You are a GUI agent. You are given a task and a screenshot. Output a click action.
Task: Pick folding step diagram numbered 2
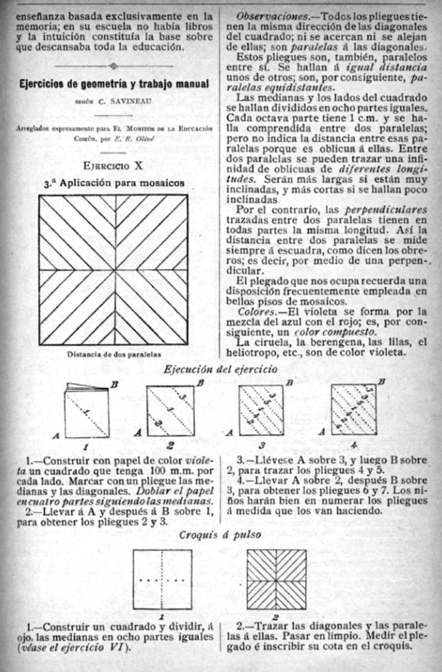(170, 411)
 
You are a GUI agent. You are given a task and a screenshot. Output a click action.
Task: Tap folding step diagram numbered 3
(260, 411)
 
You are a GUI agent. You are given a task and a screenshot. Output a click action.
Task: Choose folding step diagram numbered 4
(354, 411)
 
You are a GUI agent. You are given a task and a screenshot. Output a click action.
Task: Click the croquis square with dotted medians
(162, 580)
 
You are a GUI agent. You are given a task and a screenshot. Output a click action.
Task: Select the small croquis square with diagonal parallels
(276, 579)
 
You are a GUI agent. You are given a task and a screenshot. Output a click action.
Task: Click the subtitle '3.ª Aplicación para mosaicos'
(114, 183)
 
